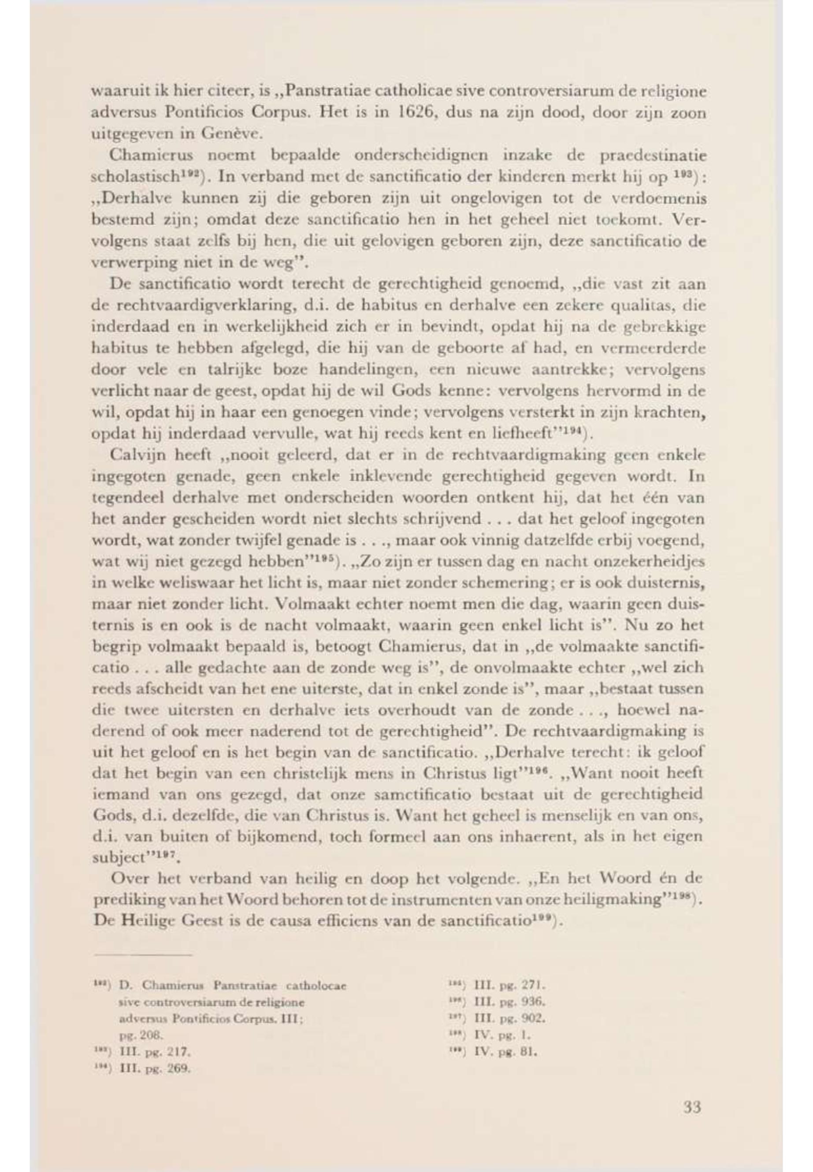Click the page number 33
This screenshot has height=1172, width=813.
tap(692, 1107)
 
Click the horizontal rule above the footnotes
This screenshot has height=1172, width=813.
tap(142, 956)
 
